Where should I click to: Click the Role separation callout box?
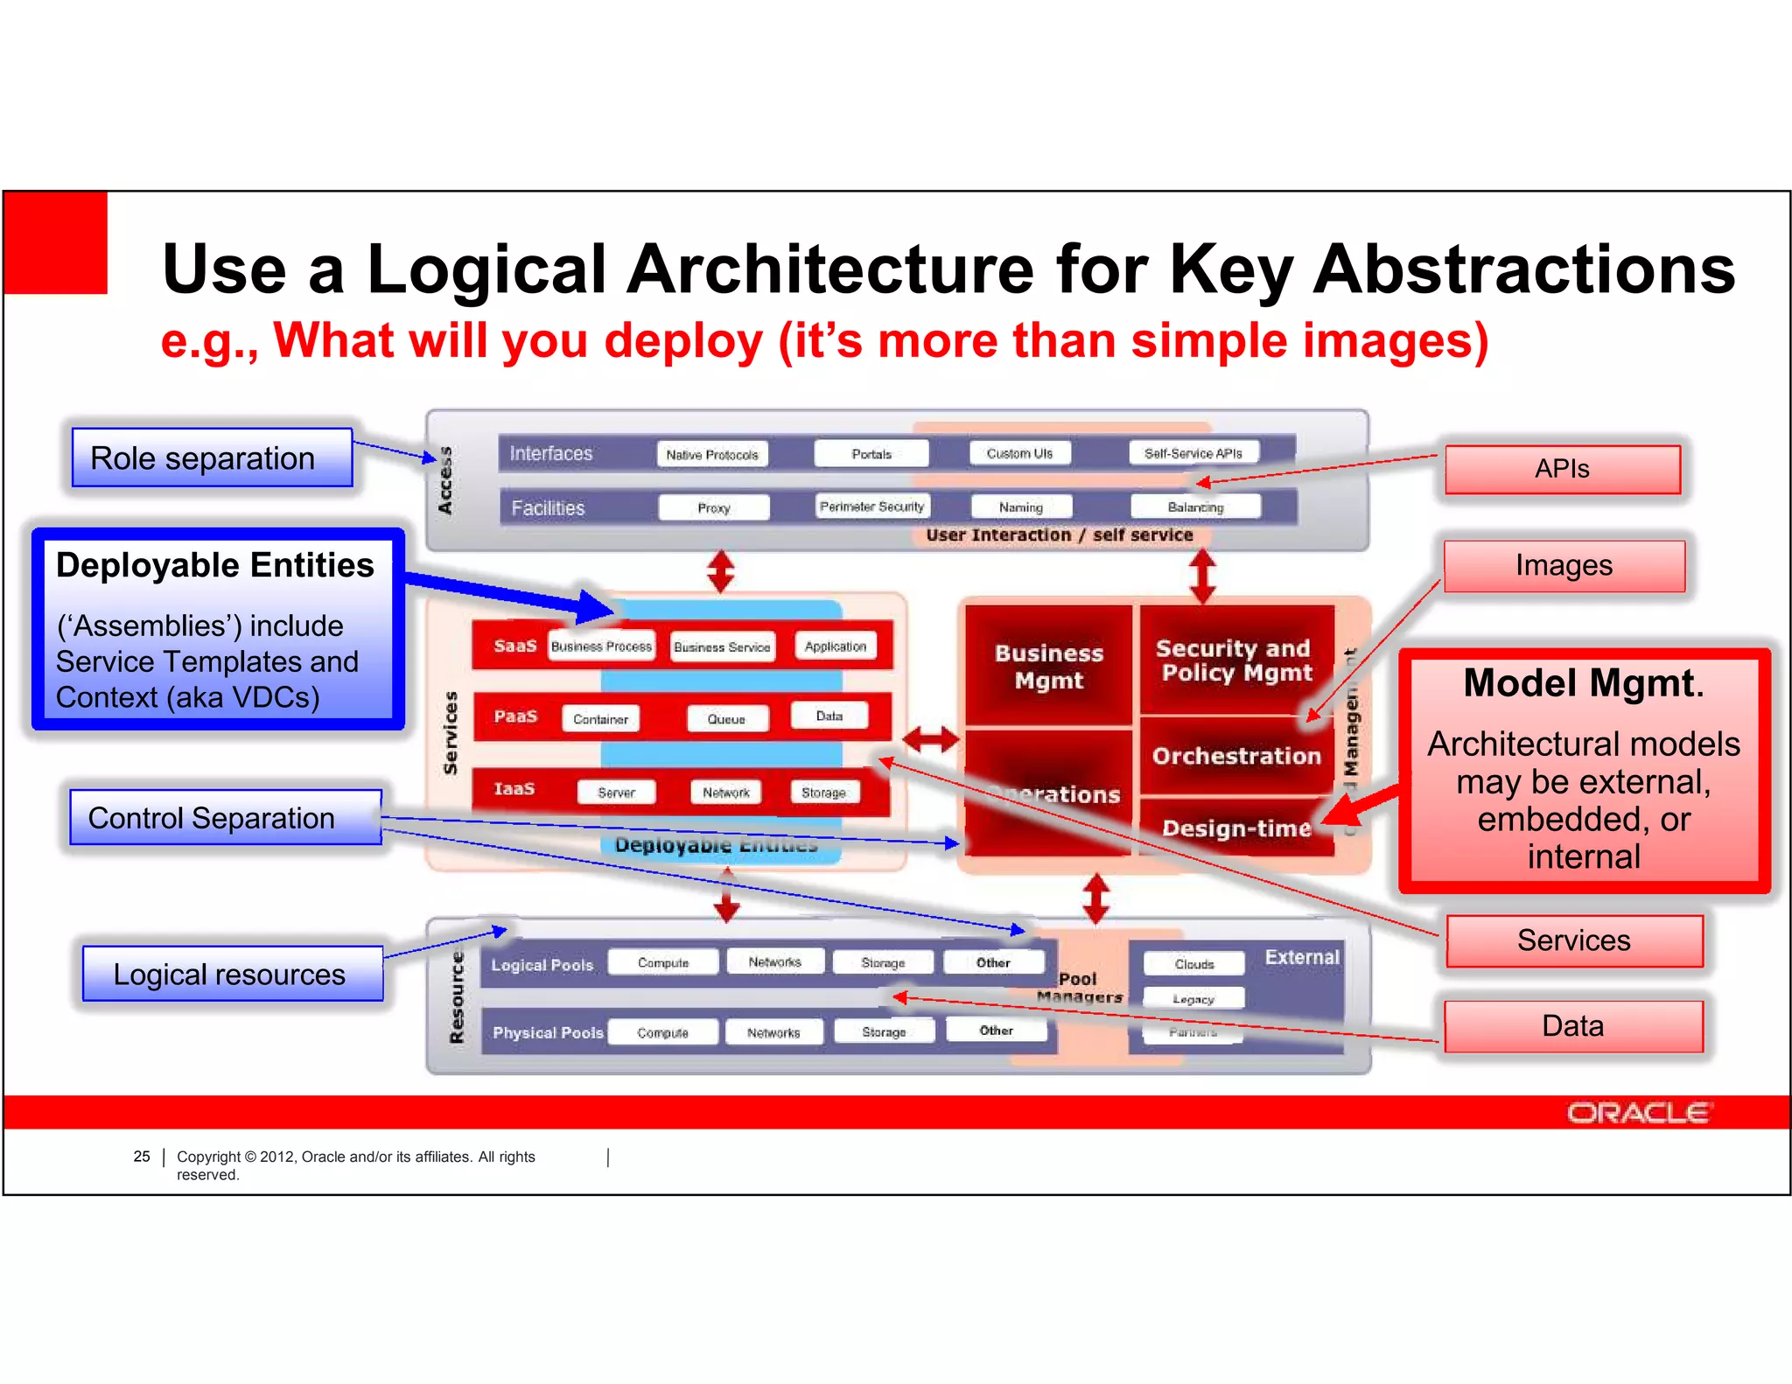tap(212, 458)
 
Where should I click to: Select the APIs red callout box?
tap(1562, 469)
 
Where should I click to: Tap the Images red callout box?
tap(1564, 566)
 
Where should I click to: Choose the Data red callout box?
tap(1572, 1026)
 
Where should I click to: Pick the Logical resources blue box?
tap(232, 974)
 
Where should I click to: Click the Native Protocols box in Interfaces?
tap(711, 454)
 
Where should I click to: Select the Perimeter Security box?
tap(871, 507)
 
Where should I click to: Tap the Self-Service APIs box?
tap(1193, 453)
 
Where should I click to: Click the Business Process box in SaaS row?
tap(601, 647)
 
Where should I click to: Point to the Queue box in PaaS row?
tap(726, 719)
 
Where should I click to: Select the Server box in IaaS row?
tap(616, 793)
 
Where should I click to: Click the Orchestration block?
tap(1235, 756)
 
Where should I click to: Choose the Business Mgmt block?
tap(1048, 667)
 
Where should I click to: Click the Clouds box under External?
tap(1193, 964)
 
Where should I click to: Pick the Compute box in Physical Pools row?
tap(662, 1032)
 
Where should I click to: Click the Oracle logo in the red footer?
tap(1637, 1113)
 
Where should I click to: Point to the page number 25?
tap(142, 1157)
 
